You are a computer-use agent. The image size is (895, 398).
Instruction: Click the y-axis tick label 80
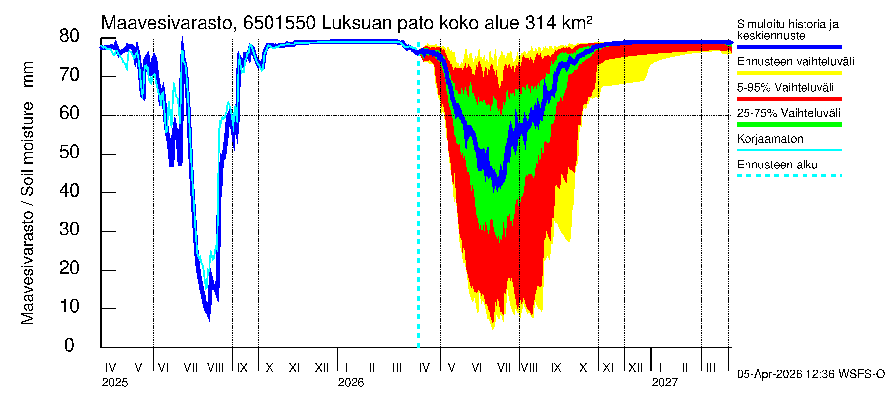pos(69,36)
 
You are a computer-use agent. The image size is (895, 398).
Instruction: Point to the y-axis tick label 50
pos(69,152)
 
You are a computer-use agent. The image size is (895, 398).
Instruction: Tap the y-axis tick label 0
pos(69,345)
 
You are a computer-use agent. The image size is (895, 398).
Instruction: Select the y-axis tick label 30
pos(69,230)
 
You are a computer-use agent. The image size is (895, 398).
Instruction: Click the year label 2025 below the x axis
pos(115,383)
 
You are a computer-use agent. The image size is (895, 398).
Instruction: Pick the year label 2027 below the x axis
pos(664,383)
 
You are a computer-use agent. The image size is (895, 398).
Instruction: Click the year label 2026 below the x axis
pos(351,383)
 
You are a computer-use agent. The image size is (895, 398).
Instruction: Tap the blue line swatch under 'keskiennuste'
pos(789,47)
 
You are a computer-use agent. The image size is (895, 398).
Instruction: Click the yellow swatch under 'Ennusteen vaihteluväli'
pos(789,73)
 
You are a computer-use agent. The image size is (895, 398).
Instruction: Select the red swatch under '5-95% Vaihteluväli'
pos(789,99)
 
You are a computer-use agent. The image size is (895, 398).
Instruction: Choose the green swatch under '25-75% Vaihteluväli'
pos(789,124)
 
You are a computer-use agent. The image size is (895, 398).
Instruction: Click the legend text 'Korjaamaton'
pos(770,139)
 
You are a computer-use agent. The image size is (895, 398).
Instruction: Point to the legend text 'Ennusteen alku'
pos(777,165)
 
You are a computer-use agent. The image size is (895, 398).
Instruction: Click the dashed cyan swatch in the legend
pos(789,176)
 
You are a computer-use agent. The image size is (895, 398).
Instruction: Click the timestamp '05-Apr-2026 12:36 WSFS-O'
pos(810,374)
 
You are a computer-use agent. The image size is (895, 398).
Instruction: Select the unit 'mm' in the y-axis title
pos(28,74)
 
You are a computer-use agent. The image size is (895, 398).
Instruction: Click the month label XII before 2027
pos(635,368)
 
